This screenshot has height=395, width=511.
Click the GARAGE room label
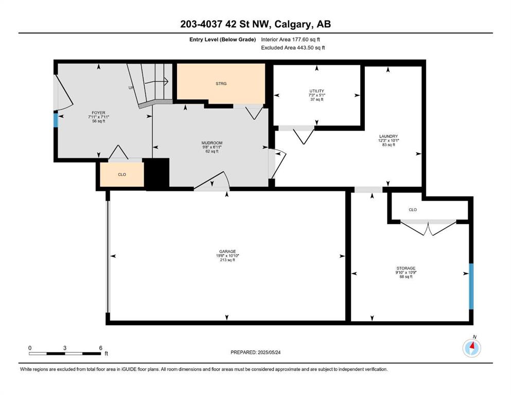227,252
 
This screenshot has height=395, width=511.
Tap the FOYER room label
98,113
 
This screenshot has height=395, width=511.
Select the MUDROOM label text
212,142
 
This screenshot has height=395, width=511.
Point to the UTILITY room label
317,91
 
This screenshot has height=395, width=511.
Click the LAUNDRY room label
389,136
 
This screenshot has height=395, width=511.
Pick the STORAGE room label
406,268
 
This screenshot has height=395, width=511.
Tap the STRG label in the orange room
221,84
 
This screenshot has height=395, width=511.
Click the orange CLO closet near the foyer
122,174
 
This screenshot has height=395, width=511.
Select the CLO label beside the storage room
413,210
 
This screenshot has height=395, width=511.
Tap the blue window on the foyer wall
56,120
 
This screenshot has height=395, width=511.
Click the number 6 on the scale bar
101,348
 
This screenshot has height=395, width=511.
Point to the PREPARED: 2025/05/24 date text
255,352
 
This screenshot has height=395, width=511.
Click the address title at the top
255,24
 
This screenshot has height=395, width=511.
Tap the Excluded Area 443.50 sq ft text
293,47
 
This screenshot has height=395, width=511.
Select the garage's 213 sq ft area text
227,260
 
